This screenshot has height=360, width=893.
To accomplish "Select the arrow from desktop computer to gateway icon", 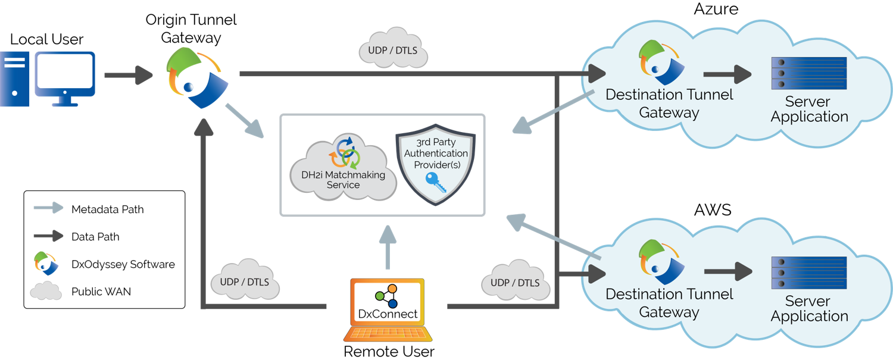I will coord(129,76).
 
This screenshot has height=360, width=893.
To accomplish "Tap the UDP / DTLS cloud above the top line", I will coord(393,49).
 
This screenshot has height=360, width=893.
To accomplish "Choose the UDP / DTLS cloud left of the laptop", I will coord(245,281).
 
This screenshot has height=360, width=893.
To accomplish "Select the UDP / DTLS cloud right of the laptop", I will coord(515,281).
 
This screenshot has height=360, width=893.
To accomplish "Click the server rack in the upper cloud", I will coord(809,73).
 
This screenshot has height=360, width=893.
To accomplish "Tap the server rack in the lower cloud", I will coord(809,273).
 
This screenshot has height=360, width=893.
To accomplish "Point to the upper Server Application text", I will coord(809,109).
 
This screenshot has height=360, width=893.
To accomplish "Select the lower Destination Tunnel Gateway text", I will coord(669,303).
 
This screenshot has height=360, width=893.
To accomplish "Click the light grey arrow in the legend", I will coord(48,207).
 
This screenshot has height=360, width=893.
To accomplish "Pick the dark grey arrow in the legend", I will coord(48,236).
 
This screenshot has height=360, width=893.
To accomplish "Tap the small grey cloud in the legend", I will coord(46,290).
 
